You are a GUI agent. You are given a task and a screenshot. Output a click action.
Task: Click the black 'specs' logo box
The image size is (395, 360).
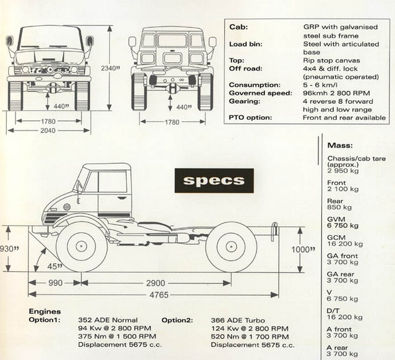point(214,181)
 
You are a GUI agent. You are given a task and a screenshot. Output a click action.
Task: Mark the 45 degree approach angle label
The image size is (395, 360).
point(57,266)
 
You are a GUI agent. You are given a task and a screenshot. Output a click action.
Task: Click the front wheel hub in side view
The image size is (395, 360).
point(82,246)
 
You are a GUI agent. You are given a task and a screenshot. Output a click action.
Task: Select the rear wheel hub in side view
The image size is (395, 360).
point(231,246)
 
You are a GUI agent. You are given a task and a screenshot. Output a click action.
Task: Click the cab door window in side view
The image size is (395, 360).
point(112,183)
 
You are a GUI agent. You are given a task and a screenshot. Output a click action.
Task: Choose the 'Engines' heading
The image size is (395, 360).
point(45,312)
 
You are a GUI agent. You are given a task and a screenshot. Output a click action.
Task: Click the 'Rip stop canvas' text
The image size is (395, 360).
point(332,61)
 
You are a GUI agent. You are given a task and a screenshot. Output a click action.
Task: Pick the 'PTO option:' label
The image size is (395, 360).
point(251,117)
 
